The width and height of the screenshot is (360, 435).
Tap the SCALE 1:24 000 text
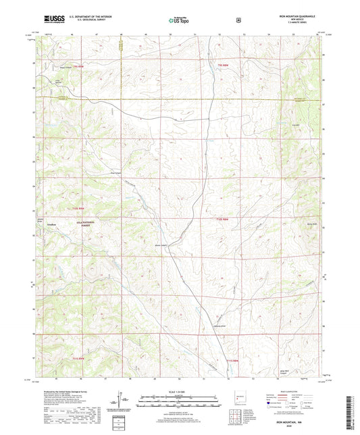click(x=178, y=392)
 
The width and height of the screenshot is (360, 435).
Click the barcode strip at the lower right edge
click(x=353, y=409)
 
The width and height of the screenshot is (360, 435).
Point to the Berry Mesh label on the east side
click(x=312, y=229)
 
